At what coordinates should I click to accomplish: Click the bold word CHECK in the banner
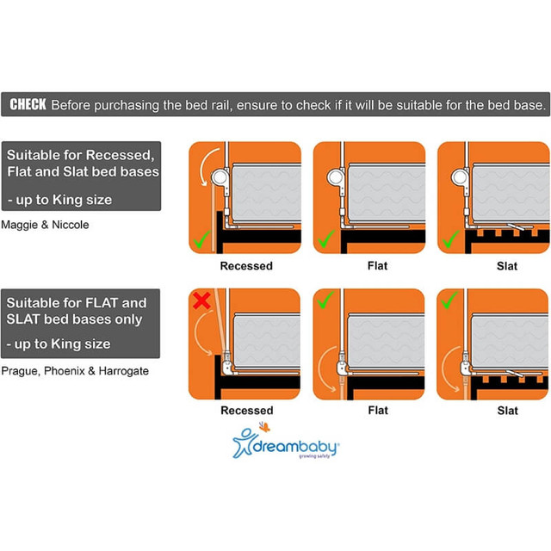28,104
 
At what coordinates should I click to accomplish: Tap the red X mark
201,300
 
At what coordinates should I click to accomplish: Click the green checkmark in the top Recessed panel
202,239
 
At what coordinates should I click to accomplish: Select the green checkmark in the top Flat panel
326,239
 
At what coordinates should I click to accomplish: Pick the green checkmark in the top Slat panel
451,239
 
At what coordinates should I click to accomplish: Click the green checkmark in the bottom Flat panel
325,300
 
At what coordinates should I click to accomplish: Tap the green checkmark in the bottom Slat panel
449,300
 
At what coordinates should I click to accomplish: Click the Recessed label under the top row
246,266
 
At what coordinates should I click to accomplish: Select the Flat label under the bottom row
378,411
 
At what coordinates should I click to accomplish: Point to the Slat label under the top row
507,266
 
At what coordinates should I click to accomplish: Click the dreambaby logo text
295,447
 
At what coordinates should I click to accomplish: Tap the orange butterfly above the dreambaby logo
264,427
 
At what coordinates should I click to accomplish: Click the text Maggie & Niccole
45,225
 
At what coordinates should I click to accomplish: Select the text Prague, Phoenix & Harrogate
75,371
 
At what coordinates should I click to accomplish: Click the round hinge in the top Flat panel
336,176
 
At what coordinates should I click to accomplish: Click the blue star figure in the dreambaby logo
243,443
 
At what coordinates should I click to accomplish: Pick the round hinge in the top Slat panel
461,176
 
